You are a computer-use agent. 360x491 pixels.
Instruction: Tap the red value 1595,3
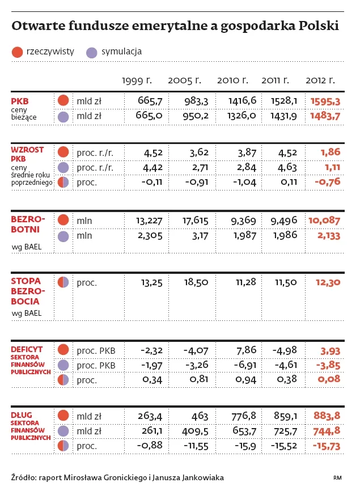pyautogui.click(x=325, y=101)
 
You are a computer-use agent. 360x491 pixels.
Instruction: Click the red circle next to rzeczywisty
pyautogui.click(x=16, y=52)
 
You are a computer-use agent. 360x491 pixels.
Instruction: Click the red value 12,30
pyautogui.click(x=327, y=282)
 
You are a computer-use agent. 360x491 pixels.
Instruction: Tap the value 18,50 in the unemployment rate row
pyautogui.click(x=196, y=282)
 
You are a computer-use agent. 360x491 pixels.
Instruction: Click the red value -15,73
pyautogui.click(x=325, y=447)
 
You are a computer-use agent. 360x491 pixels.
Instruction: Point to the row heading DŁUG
pyautogui.click(x=22, y=415)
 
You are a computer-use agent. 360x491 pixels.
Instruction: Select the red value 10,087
pyautogui.click(x=324, y=221)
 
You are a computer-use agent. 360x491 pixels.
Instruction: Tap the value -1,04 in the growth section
pyautogui.click(x=243, y=183)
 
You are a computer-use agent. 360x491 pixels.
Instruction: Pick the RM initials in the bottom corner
pyautogui.click(x=337, y=477)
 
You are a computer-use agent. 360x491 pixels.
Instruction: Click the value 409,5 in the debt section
pyautogui.click(x=196, y=431)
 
